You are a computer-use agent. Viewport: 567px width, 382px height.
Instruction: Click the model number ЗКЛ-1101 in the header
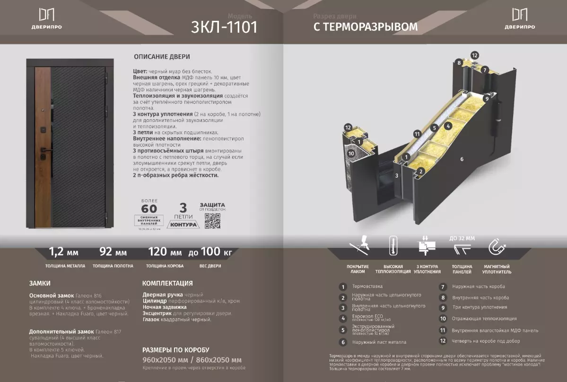[x=224, y=27]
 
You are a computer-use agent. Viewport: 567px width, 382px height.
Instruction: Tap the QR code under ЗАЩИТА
[x=212, y=220]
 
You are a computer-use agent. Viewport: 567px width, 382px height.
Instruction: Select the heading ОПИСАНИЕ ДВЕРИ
[x=162, y=57]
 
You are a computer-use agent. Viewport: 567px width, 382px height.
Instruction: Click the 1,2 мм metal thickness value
[x=64, y=251]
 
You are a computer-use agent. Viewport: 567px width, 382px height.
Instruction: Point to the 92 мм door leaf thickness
[x=113, y=251]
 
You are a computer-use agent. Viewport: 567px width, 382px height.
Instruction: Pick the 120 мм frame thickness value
[x=165, y=251]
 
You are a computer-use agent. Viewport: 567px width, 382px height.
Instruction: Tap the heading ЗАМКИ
[x=40, y=283]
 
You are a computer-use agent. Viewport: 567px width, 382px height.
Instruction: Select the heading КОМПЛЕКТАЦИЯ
[x=167, y=283]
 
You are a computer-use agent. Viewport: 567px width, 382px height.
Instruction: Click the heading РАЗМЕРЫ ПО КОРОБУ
[x=175, y=350]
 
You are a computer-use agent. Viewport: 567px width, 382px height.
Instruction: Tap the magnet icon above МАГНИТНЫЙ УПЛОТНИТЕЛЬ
[x=497, y=247]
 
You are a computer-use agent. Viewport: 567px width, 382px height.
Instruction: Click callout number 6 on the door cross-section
[x=462, y=159]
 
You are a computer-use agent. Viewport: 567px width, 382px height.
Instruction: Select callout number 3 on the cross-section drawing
[x=397, y=175]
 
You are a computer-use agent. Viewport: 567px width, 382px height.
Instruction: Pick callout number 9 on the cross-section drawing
[x=487, y=99]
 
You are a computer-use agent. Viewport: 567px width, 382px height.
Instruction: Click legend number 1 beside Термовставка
[x=343, y=286]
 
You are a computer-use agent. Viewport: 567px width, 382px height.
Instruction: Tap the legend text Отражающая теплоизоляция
[x=484, y=319]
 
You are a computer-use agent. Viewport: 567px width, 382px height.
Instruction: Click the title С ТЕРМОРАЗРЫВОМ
[x=366, y=27]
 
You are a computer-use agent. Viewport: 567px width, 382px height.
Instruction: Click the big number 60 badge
[x=149, y=208]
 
